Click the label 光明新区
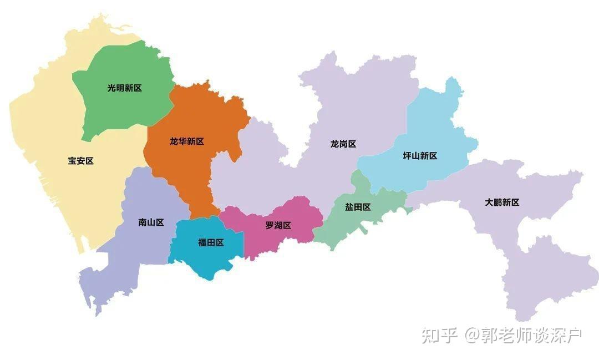coord(124,88)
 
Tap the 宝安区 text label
coord(81,161)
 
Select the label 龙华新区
coord(187,141)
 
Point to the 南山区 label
coord(151,222)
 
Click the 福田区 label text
coord(211,242)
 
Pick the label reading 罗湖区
coord(278,225)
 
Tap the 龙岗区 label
coord(343,144)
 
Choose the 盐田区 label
coord(358,207)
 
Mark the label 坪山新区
coord(420,156)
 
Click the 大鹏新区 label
coord(502,202)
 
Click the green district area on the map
coord(122,111)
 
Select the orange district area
coord(194,172)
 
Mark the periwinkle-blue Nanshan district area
coord(139,255)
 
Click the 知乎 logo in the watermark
coord(439,335)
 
